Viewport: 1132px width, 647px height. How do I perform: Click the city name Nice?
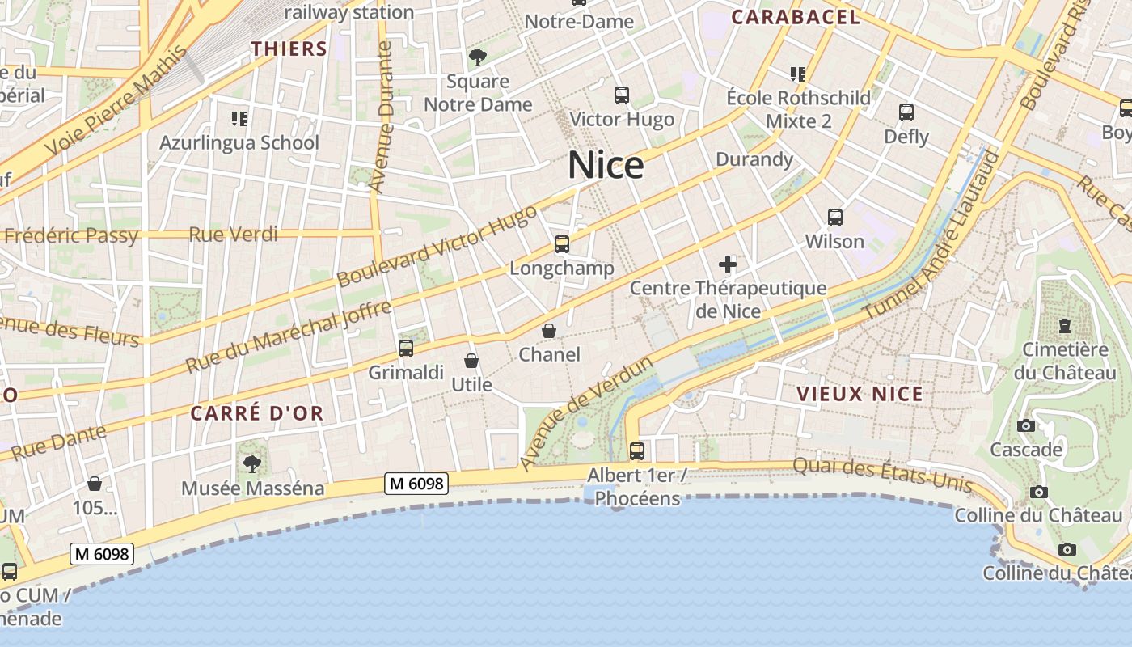coord(606,165)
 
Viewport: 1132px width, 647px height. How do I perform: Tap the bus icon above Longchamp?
coord(561,243)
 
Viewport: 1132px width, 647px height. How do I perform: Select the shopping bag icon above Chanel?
coord(549,331)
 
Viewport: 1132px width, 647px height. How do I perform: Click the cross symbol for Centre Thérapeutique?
coord(728,264)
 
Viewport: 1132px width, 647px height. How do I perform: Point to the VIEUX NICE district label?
coord(860,394)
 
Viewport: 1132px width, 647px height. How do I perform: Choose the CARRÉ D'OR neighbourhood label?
coord(257,413)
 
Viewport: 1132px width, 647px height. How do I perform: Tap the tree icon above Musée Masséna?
coord(252,463)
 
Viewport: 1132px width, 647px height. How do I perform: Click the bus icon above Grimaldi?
coord(406,349)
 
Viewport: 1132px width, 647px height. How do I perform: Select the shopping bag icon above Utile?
coord(471,361)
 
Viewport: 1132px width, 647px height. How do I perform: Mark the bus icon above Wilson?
coord(835,218)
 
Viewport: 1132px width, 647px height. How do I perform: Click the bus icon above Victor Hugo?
coord(621,95)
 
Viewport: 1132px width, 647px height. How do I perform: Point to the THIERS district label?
coord(289,49)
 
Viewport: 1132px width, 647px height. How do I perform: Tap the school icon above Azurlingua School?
coord(239,119)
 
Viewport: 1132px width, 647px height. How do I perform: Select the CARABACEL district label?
coord(796,17)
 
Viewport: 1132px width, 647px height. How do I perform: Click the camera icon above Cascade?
coord(1026,425)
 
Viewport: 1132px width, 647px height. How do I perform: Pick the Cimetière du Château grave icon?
coord(1065,325)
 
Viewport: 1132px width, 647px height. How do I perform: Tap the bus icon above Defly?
coord(906,112)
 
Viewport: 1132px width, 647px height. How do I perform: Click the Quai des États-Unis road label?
coord(881,474)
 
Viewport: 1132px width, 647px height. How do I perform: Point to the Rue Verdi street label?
coord(233,235)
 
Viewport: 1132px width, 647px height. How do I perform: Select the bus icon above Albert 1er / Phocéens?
coord(637,450)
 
